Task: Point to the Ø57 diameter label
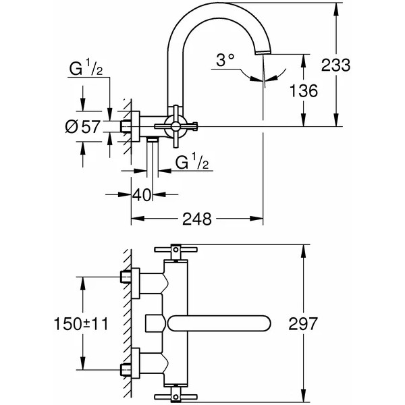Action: click(86, 126)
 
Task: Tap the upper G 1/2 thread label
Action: click(85, 69)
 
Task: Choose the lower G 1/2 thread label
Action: click(190, 162)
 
